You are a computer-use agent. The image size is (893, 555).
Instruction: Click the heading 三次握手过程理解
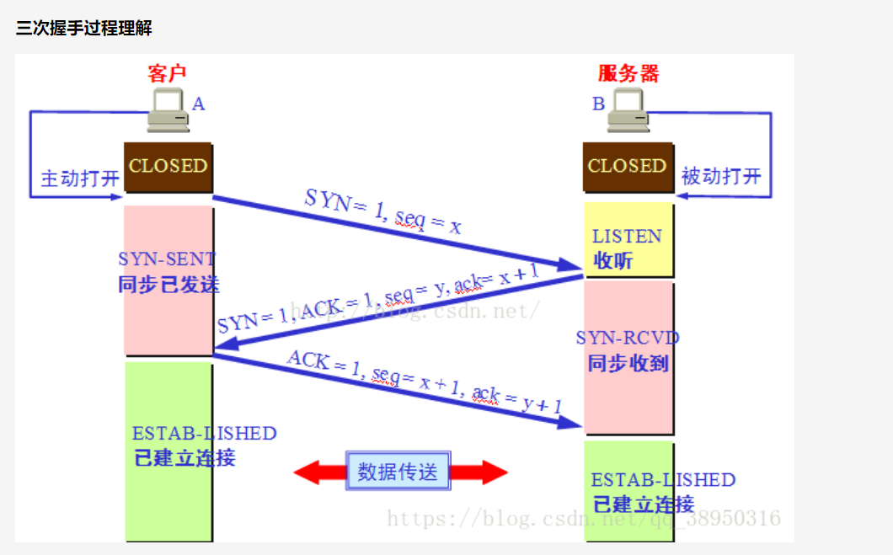coord(84,29)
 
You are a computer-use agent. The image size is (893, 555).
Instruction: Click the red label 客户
coord(167,74)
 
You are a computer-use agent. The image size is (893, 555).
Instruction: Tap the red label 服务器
coord(628,74)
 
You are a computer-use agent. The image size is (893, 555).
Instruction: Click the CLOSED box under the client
coord(168,167)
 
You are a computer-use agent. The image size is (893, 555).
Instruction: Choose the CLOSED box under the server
coord(628,167)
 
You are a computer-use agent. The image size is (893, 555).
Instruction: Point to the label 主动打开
coord(80,179)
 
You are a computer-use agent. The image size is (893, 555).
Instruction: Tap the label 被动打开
coord(721,177)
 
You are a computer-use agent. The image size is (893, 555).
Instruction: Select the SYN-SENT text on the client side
coord(167,259)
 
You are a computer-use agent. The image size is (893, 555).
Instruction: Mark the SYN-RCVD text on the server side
coord(628,338)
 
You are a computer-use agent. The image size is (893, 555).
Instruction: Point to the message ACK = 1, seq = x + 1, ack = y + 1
coord(425,382)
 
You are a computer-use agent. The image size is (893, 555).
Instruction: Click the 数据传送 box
coord(398,472)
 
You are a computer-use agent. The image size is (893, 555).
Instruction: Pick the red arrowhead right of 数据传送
coord(489,472)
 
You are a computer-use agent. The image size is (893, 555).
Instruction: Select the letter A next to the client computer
coord(199,104)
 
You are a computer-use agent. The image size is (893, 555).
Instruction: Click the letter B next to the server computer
coord(598,104)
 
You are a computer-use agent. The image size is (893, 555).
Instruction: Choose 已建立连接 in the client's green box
coord(184,458)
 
